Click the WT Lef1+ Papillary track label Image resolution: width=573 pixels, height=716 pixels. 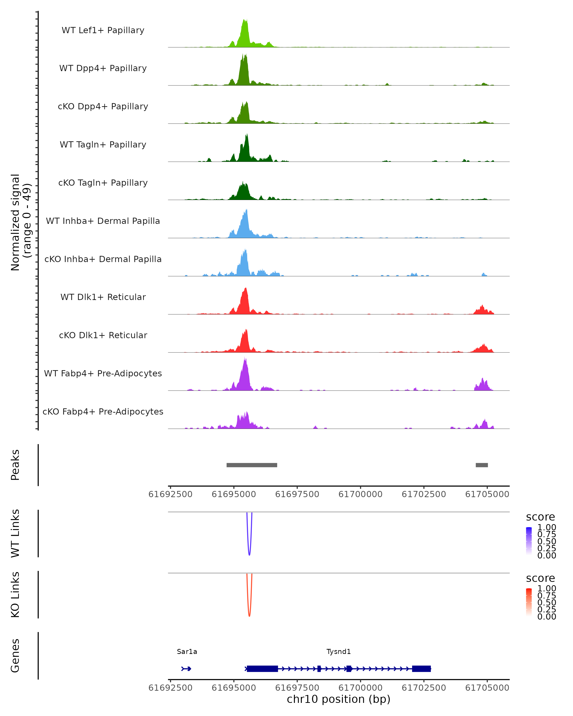click(103, 30)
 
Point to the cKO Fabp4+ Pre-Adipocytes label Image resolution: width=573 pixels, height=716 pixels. click(103, 411)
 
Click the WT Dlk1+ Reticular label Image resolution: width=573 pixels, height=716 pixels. click(103, 297)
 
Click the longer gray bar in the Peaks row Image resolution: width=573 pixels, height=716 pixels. click(252, 465)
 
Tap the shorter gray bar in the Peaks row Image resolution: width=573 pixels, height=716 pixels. click(482, 465)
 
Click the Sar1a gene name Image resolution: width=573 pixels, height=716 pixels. click(187, 652)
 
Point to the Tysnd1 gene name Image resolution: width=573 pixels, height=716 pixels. click(339, 652)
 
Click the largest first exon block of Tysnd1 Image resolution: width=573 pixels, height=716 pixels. click(262, 669)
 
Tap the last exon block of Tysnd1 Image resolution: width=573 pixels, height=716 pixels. click(421, 669)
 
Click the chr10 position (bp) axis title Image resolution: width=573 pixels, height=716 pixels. click(339, 699)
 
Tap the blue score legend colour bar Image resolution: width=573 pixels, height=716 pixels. click(529, 541)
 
